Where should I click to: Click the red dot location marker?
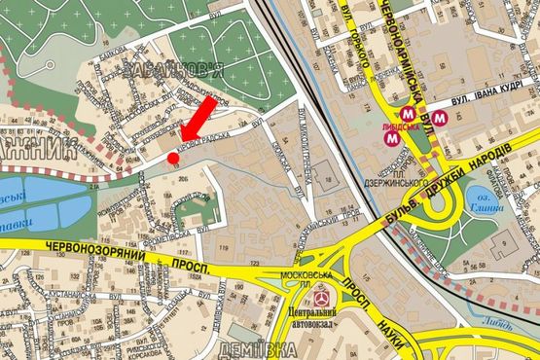click(x=173, y=158)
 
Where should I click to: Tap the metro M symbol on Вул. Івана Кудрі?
click(x=442, y=119)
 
